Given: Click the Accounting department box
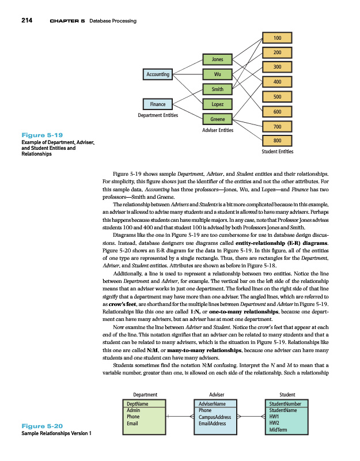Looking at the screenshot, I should tap(158, 74).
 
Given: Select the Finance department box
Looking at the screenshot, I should tap(158, 104).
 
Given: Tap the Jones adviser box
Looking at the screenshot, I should tap(218, 59).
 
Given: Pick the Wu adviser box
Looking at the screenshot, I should tap(218, 74).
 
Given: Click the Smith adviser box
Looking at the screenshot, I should tap(218, 89).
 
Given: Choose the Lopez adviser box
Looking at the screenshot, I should tap(218, 104).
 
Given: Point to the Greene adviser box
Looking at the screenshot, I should tap(218, 119).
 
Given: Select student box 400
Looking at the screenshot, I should tap(278, 81).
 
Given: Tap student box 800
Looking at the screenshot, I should tap(278, 140).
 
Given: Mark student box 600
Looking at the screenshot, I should tap(278, 111).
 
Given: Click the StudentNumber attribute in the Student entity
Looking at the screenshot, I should tap(286, 405).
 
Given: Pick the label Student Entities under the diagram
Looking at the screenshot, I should tap(278, 152).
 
